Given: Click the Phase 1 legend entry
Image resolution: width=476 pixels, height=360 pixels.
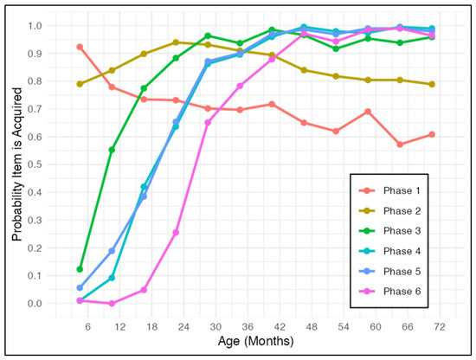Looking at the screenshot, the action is pyautogui.click(x=389, y=190).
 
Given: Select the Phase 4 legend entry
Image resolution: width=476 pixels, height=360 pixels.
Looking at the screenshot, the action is pyautogui.click(x=389, y=251).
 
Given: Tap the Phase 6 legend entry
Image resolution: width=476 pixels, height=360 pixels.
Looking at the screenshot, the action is pyautogui.click(x=389, y=292).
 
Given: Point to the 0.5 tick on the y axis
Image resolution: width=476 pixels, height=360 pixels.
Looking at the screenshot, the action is pyautogui.click(x=35, y=164).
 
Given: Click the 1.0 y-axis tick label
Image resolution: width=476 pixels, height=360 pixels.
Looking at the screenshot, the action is pyautogui.click(x=35, y=26).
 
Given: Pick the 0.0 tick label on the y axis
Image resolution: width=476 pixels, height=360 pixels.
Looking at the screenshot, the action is pyautogui.click(x=35, y=303).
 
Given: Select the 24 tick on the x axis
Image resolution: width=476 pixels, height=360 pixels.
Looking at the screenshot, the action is pyautogui.click(x=183, y=327).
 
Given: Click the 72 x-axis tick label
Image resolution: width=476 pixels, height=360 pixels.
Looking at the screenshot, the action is pyautogui.click(x=440, y=327).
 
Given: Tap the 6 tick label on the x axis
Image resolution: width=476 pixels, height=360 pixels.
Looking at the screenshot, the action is pyautogui.click(x=87, y=327).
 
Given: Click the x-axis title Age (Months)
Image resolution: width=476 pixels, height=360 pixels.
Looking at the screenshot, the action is pyautogui.click(x=255, y=341).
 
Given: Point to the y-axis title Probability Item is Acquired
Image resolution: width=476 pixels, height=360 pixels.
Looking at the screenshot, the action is pyautogui.click(x=17, y=164).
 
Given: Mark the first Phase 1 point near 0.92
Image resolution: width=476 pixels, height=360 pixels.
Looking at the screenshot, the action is pyautogui.click(x=80, y=47).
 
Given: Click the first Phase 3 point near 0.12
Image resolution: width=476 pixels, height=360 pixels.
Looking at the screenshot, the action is pyautogui.click(x=80, y=269).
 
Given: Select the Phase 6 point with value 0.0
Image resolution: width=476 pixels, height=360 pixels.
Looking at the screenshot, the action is pyautogui.click(x=112, y=303).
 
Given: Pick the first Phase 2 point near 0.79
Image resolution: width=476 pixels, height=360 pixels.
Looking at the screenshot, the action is pyautogui.click(x=80, y=84).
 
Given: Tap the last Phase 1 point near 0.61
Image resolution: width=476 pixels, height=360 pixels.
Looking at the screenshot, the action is pyautogui.click(x=432, y=134).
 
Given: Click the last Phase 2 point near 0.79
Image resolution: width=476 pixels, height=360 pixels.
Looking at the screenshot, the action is pyautogui.click(x=432, y=85).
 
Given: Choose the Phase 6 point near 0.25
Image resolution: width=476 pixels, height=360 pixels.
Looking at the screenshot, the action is pyautogui.click(x=176, y=233).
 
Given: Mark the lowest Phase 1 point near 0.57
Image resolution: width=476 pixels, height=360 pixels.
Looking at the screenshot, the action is pyautogui.click(x=400, y=145).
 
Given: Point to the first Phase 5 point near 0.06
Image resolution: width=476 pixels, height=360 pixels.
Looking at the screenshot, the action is pyautogui.click(x=80, y=287).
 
